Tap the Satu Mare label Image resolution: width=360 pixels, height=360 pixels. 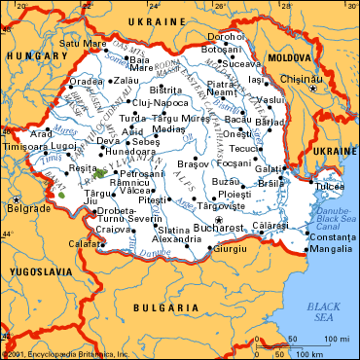point(82,43)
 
